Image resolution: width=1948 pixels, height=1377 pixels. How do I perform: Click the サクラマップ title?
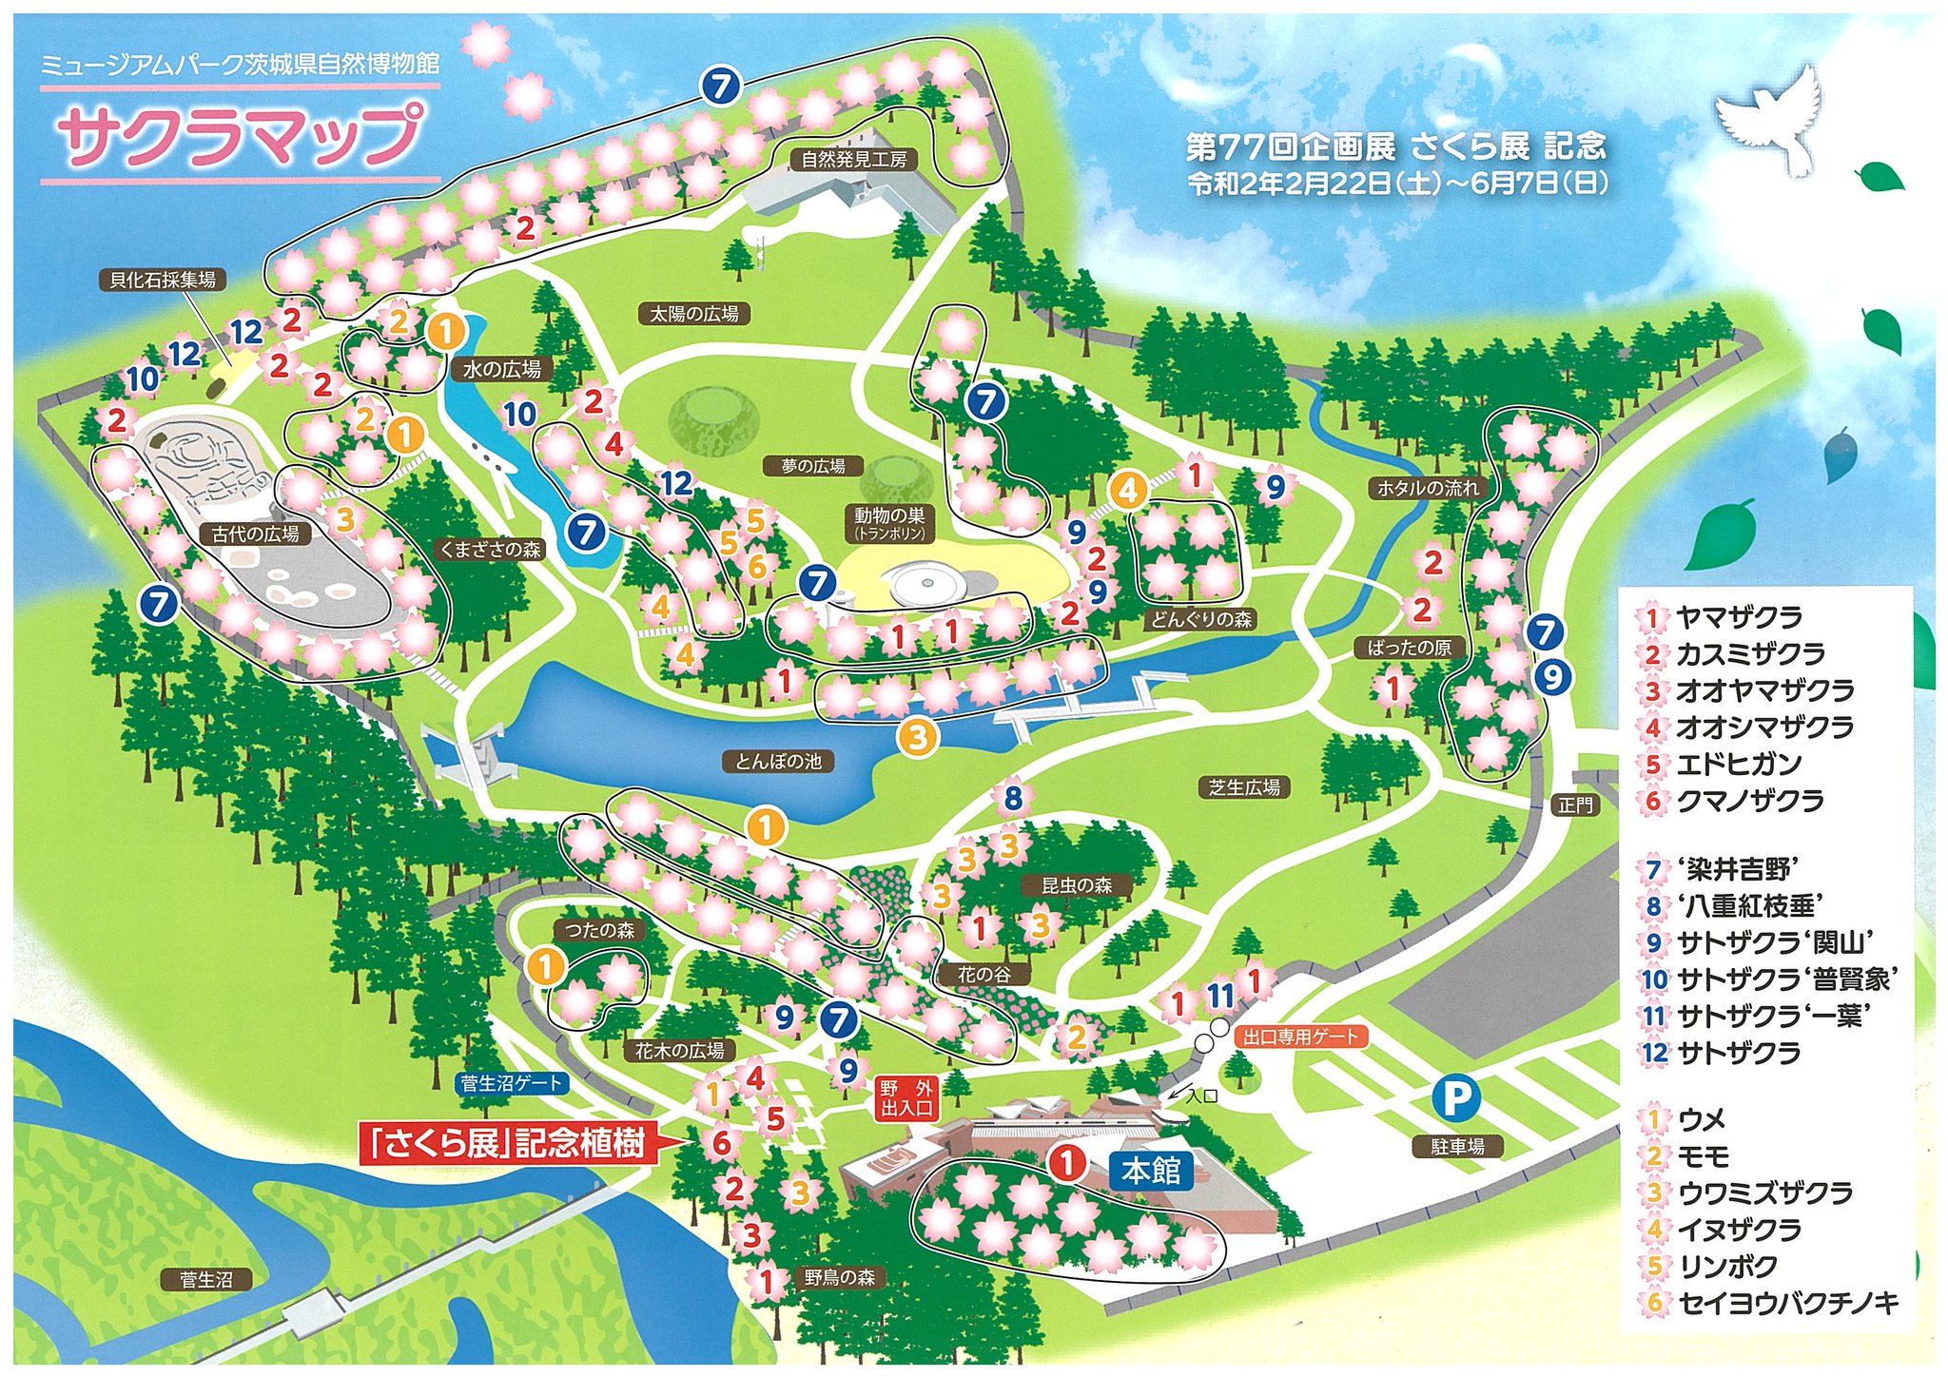240,135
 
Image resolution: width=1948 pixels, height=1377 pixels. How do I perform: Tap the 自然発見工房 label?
853,159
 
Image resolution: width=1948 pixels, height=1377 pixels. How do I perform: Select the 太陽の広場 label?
693,313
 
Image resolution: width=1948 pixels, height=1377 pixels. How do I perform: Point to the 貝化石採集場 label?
163,280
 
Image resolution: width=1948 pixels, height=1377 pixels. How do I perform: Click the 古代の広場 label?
255,534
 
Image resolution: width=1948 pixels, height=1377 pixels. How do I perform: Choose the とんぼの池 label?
778,761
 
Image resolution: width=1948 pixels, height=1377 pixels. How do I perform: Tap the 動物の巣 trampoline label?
889,522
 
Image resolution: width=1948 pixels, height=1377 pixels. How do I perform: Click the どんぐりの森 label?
1202,619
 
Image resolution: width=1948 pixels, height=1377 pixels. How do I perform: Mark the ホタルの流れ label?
1429,488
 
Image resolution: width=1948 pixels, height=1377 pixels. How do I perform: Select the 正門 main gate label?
1575,805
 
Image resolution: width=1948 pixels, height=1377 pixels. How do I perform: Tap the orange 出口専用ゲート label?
1301,1037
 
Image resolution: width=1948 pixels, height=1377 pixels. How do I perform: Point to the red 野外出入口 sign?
906,1098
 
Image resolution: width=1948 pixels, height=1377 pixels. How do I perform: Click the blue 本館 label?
1151,1171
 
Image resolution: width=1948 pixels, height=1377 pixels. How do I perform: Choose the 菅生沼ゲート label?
512,1082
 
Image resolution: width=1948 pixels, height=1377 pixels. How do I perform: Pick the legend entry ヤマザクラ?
1739,618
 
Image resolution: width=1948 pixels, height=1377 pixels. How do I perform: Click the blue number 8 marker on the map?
1013,797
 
